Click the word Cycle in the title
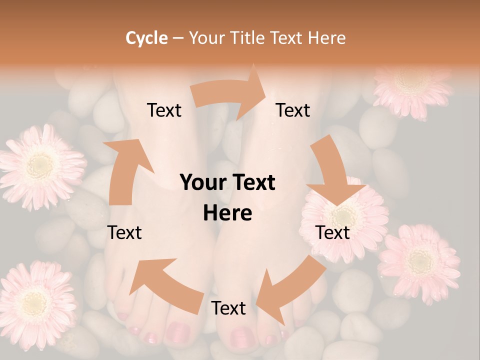click(146, 38)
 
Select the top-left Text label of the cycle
click(164, 110)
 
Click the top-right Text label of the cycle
click(293, 110)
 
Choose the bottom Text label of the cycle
click(228, 308)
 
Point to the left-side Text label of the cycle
click(124, 232)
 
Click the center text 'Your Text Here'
click(227, 198)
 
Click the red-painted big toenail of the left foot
click(178, 331)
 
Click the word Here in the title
click(326, 38)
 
